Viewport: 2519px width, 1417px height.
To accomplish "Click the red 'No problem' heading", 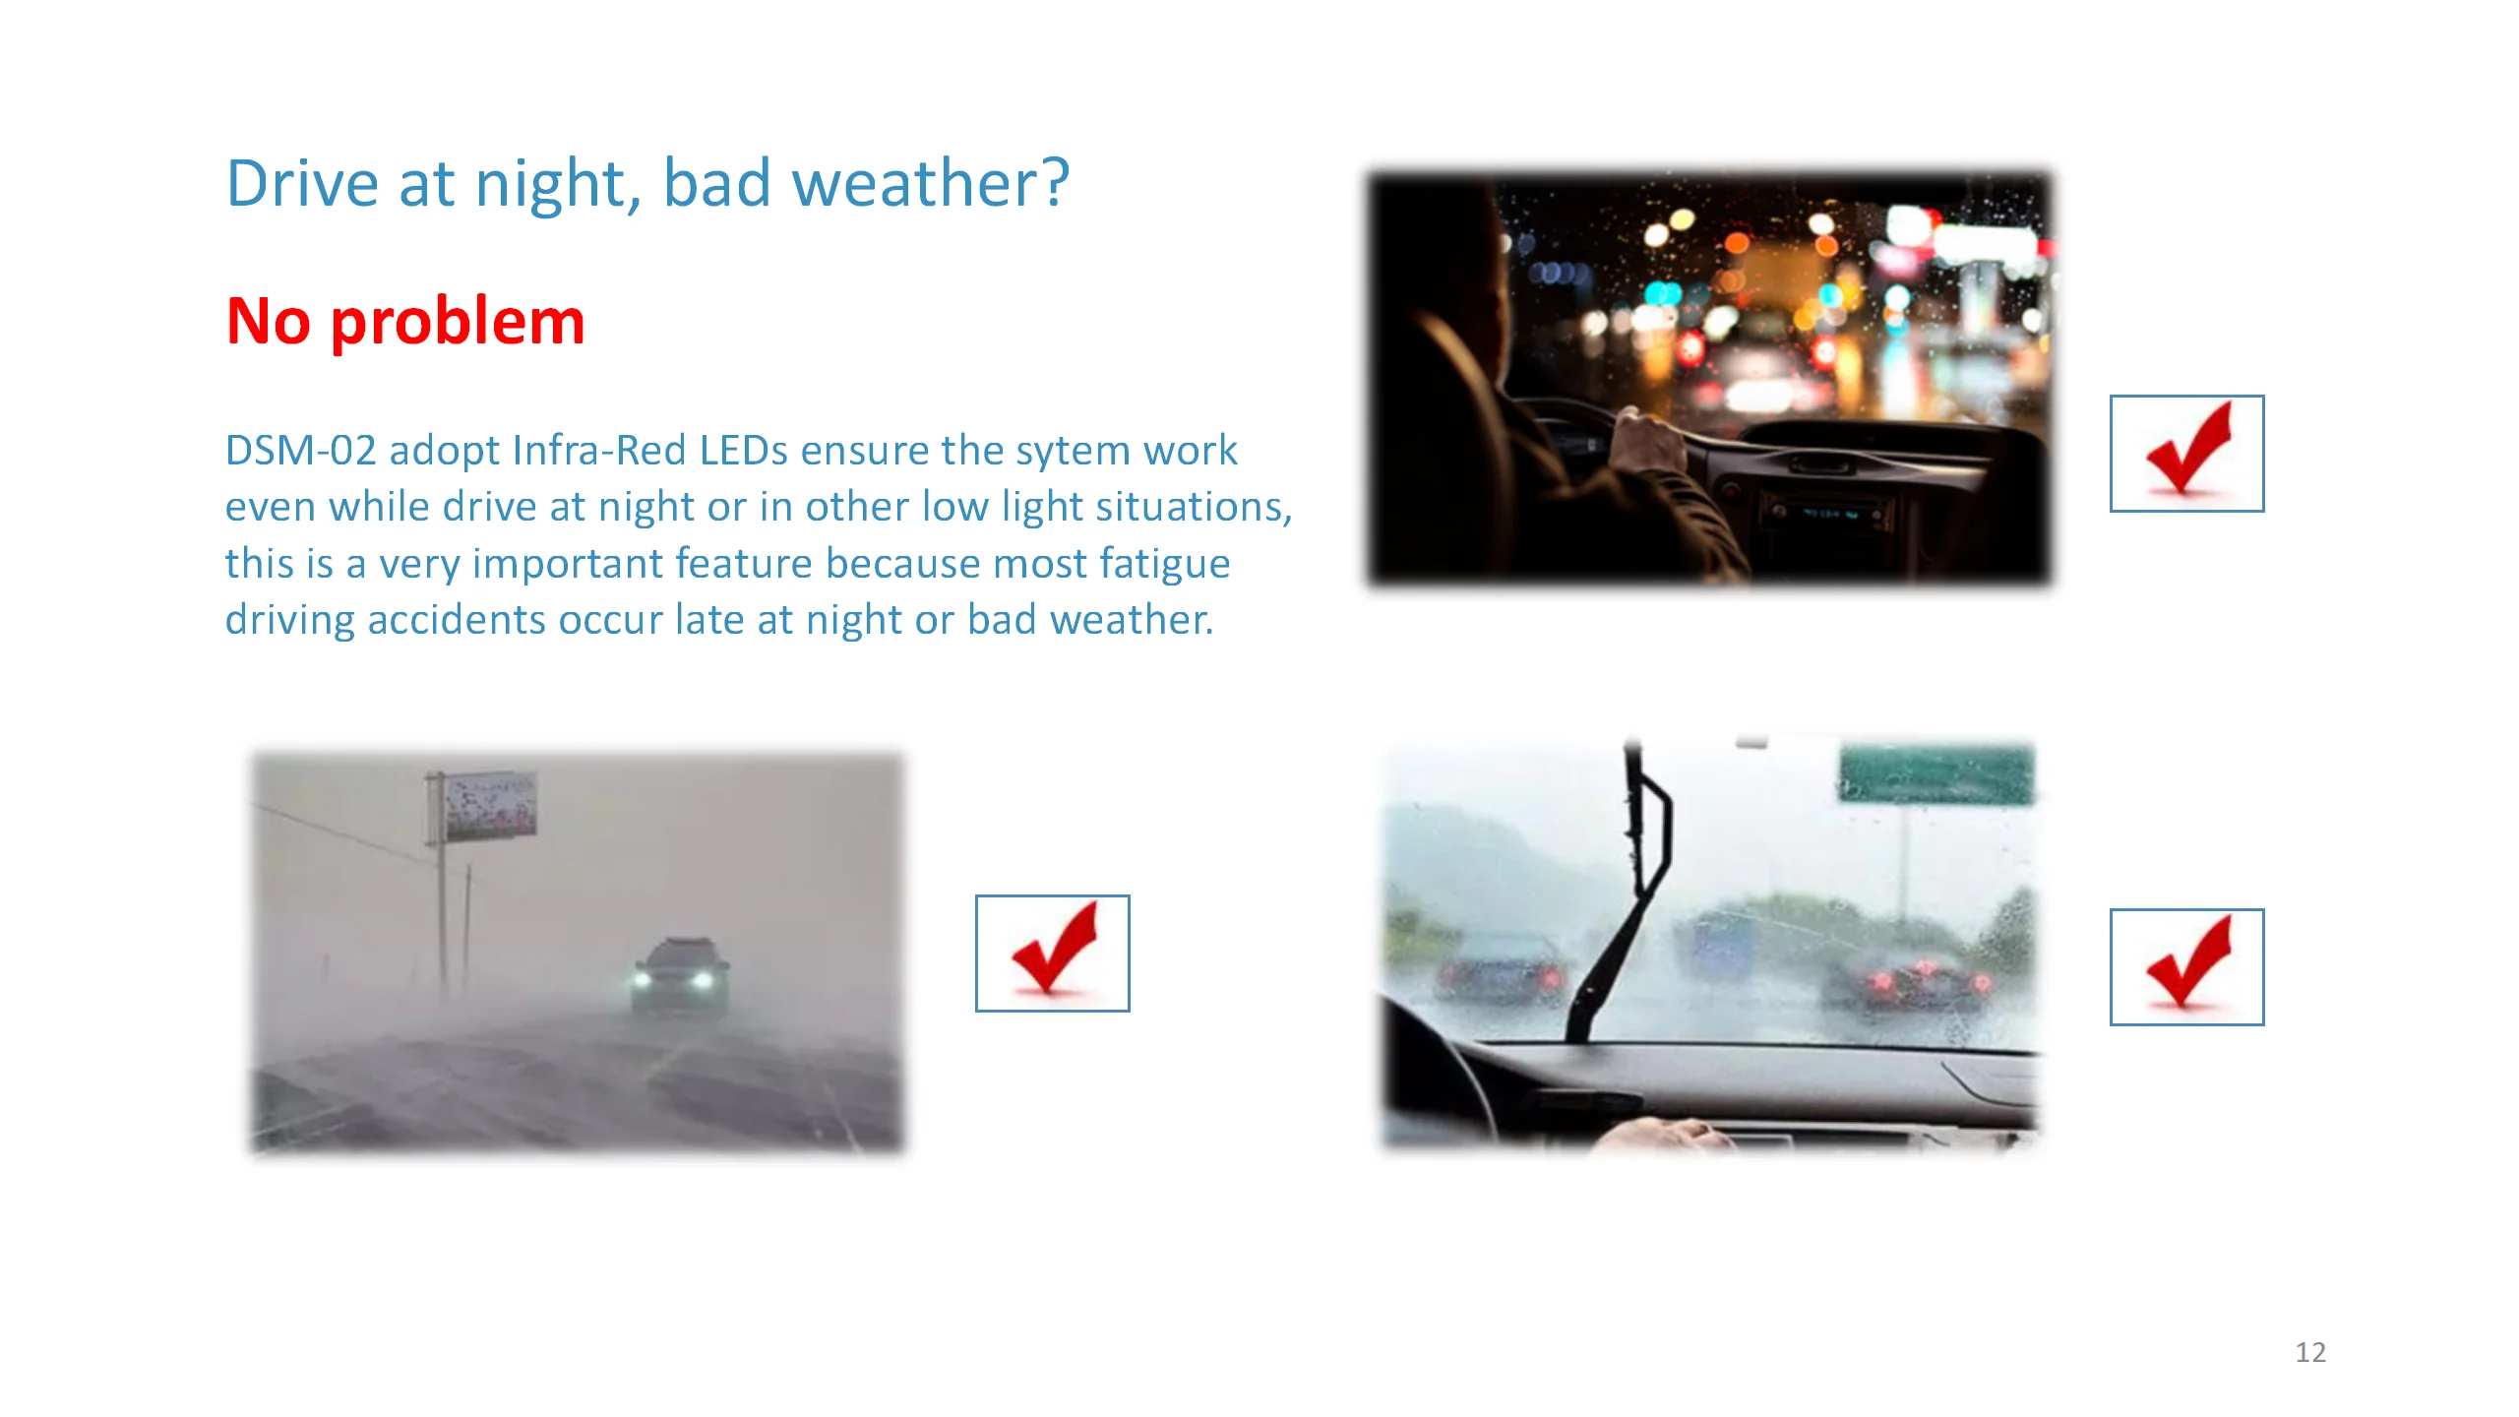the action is pos(405,322).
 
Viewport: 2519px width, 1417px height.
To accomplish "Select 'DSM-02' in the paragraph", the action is pos(301,451).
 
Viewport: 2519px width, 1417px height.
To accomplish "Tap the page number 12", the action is pos(2310,1352).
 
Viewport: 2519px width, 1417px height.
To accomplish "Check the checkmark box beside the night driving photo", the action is pos(2186,454).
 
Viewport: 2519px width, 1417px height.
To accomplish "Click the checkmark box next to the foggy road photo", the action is pos(1052,954).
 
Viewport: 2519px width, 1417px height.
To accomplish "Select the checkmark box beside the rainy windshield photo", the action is pos(2186,967).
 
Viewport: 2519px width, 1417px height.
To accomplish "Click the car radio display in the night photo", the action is pos(1828,513).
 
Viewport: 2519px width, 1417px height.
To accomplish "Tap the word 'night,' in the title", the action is pos(559,185).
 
